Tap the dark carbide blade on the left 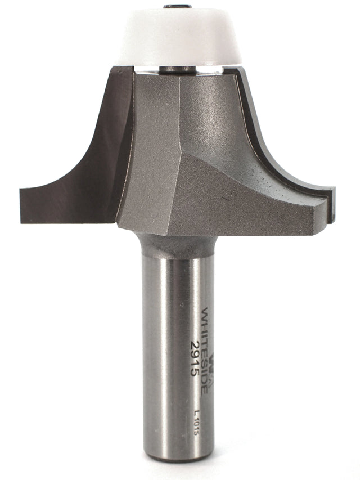click(x=84, y=169)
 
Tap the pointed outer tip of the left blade click(x=21, y=194)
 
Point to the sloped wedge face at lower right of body click(x=236, y=197)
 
